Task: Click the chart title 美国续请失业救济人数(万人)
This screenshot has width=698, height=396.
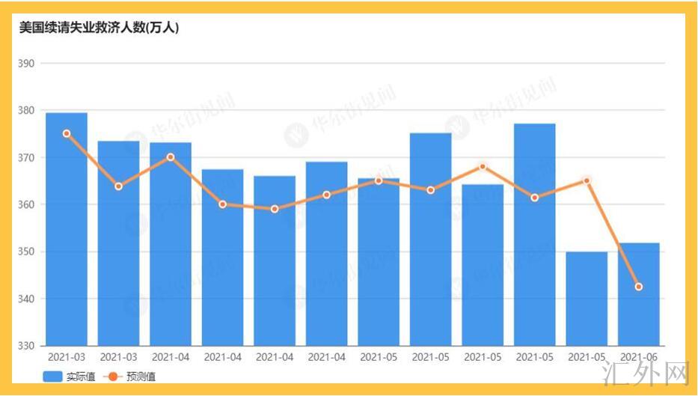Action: (99, 28)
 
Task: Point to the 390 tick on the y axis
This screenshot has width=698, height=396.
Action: (27, 64)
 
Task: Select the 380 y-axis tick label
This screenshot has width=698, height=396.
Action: (27, 111)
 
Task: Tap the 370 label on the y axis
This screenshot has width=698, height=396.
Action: (27, 158)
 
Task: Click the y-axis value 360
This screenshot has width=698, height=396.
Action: (27, 204)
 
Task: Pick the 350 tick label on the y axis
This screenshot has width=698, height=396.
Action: (27, 252)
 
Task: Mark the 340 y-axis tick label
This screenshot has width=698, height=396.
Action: (27, 299)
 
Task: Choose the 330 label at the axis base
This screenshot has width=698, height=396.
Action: (27, 346)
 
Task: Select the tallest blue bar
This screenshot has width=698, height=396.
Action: (67, 228)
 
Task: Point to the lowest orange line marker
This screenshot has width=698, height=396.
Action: (638, 287)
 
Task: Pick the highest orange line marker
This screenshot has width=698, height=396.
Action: (67, 133)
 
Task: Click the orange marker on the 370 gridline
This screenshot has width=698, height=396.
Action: (171, 157)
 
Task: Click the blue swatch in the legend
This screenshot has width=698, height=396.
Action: (52, 377)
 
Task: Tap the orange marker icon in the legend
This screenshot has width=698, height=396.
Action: (112, 377)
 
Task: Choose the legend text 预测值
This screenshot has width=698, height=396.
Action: (141, 377)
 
